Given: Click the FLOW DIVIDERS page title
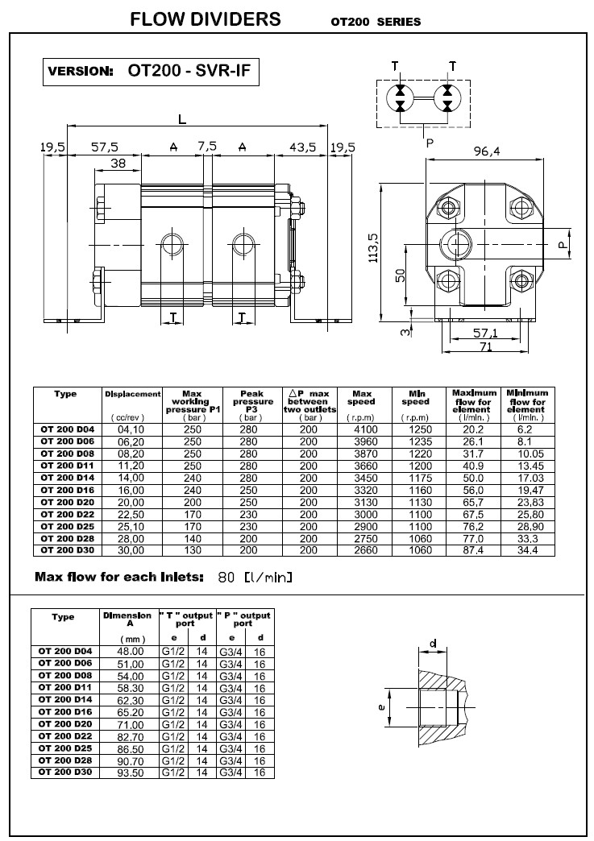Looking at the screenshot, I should point(206,20).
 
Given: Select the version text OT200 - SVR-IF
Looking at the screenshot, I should point(190,70).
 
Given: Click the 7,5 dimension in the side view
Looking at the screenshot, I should point(207,146).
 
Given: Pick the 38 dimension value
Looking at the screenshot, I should point(117,163).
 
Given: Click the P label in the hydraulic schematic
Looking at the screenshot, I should point(429,143).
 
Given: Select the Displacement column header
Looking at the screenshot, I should point(133,394).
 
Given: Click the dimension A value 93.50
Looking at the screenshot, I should point(131,772).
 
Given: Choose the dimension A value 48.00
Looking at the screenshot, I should point(131,650).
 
